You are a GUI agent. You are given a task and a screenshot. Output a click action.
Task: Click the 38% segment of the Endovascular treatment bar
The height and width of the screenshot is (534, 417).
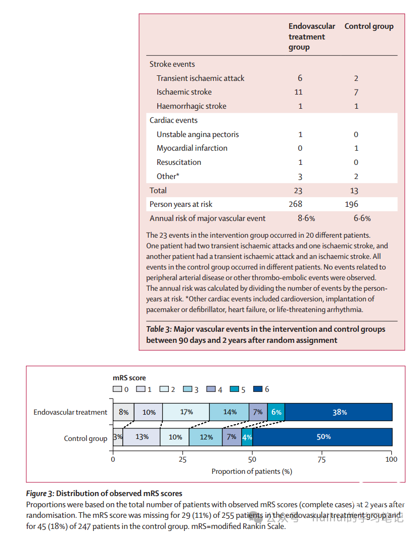pos(339,412)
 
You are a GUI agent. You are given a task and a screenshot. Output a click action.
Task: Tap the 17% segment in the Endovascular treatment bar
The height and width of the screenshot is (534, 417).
pos(186,412)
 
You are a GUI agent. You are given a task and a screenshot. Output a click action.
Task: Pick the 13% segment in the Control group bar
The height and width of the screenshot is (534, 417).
pos(142,437)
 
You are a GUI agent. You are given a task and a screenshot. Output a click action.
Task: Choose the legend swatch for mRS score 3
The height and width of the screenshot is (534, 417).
pos(187,389)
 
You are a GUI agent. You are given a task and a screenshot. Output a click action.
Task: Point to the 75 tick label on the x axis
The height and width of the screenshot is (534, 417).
pos(322,459)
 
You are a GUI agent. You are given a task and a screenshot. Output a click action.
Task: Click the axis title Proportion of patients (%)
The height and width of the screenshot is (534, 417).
pos(252,471)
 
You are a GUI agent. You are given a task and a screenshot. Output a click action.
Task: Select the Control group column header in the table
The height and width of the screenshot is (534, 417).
pos(368,26)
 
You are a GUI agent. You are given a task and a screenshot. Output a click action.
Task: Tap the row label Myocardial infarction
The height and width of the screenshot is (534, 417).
pos(192,148)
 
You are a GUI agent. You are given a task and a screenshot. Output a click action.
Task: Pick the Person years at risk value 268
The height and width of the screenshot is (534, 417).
pos(295,204)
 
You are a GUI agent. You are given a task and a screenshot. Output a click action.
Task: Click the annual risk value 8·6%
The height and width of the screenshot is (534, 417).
pos(306,218)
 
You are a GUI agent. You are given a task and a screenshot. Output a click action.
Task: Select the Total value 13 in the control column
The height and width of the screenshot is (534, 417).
pos(354,191)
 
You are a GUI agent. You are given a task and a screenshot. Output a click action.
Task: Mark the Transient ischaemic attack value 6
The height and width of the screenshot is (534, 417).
pos(300,78)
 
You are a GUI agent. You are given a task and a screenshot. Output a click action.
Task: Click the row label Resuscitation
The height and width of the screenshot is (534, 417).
pos(178,162)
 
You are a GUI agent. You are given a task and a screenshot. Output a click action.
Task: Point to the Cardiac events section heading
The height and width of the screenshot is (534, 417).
pos(173,120)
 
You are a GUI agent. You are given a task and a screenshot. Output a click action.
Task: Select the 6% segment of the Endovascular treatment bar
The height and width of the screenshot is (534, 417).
pos(276,412)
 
